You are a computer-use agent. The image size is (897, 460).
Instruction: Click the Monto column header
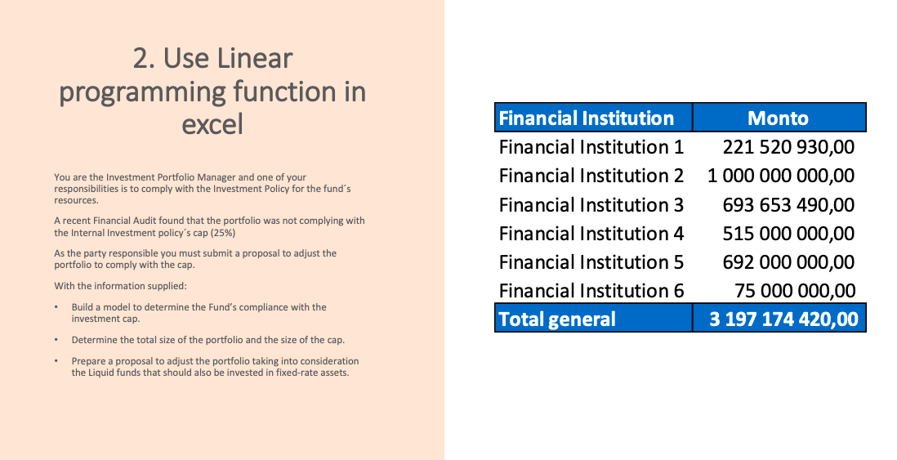click(x=778, y=118)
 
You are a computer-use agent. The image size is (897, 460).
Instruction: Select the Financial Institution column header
click(x=587, y=118)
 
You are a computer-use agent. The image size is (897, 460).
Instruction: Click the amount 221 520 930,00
click(x=788, y=147)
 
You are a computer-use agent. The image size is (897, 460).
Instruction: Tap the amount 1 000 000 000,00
click(x=781, y=176)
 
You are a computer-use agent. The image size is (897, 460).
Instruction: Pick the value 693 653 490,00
click(x=788, y=204)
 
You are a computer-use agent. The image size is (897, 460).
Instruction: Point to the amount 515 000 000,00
click(x=788, y=234)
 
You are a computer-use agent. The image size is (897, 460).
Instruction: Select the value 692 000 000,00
click(x=788, y=262)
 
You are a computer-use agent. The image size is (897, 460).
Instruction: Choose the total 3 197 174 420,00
click(x=783, y=319)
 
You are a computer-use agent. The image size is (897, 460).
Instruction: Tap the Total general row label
click(x=557, y=319)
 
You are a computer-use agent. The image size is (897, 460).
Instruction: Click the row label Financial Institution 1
click(x=591, y=147)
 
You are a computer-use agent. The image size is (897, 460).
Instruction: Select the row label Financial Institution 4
click(x=591, y=234)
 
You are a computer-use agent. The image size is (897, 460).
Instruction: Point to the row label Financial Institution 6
click(x=591, y=291)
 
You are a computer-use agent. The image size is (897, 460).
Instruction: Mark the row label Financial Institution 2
click(x=591, y=176)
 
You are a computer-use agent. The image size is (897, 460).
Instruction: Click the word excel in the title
click(x=212, y=124)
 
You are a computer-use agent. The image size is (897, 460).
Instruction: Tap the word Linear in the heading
click(x=255, y=59)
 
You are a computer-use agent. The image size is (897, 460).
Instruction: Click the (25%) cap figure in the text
click(x=223, y=233)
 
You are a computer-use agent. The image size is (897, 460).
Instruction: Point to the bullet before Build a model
click(x=56, y=307)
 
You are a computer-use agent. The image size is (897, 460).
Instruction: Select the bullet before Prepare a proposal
click(x=56, y=361)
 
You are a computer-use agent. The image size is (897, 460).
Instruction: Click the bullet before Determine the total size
click(x=56, y=340)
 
